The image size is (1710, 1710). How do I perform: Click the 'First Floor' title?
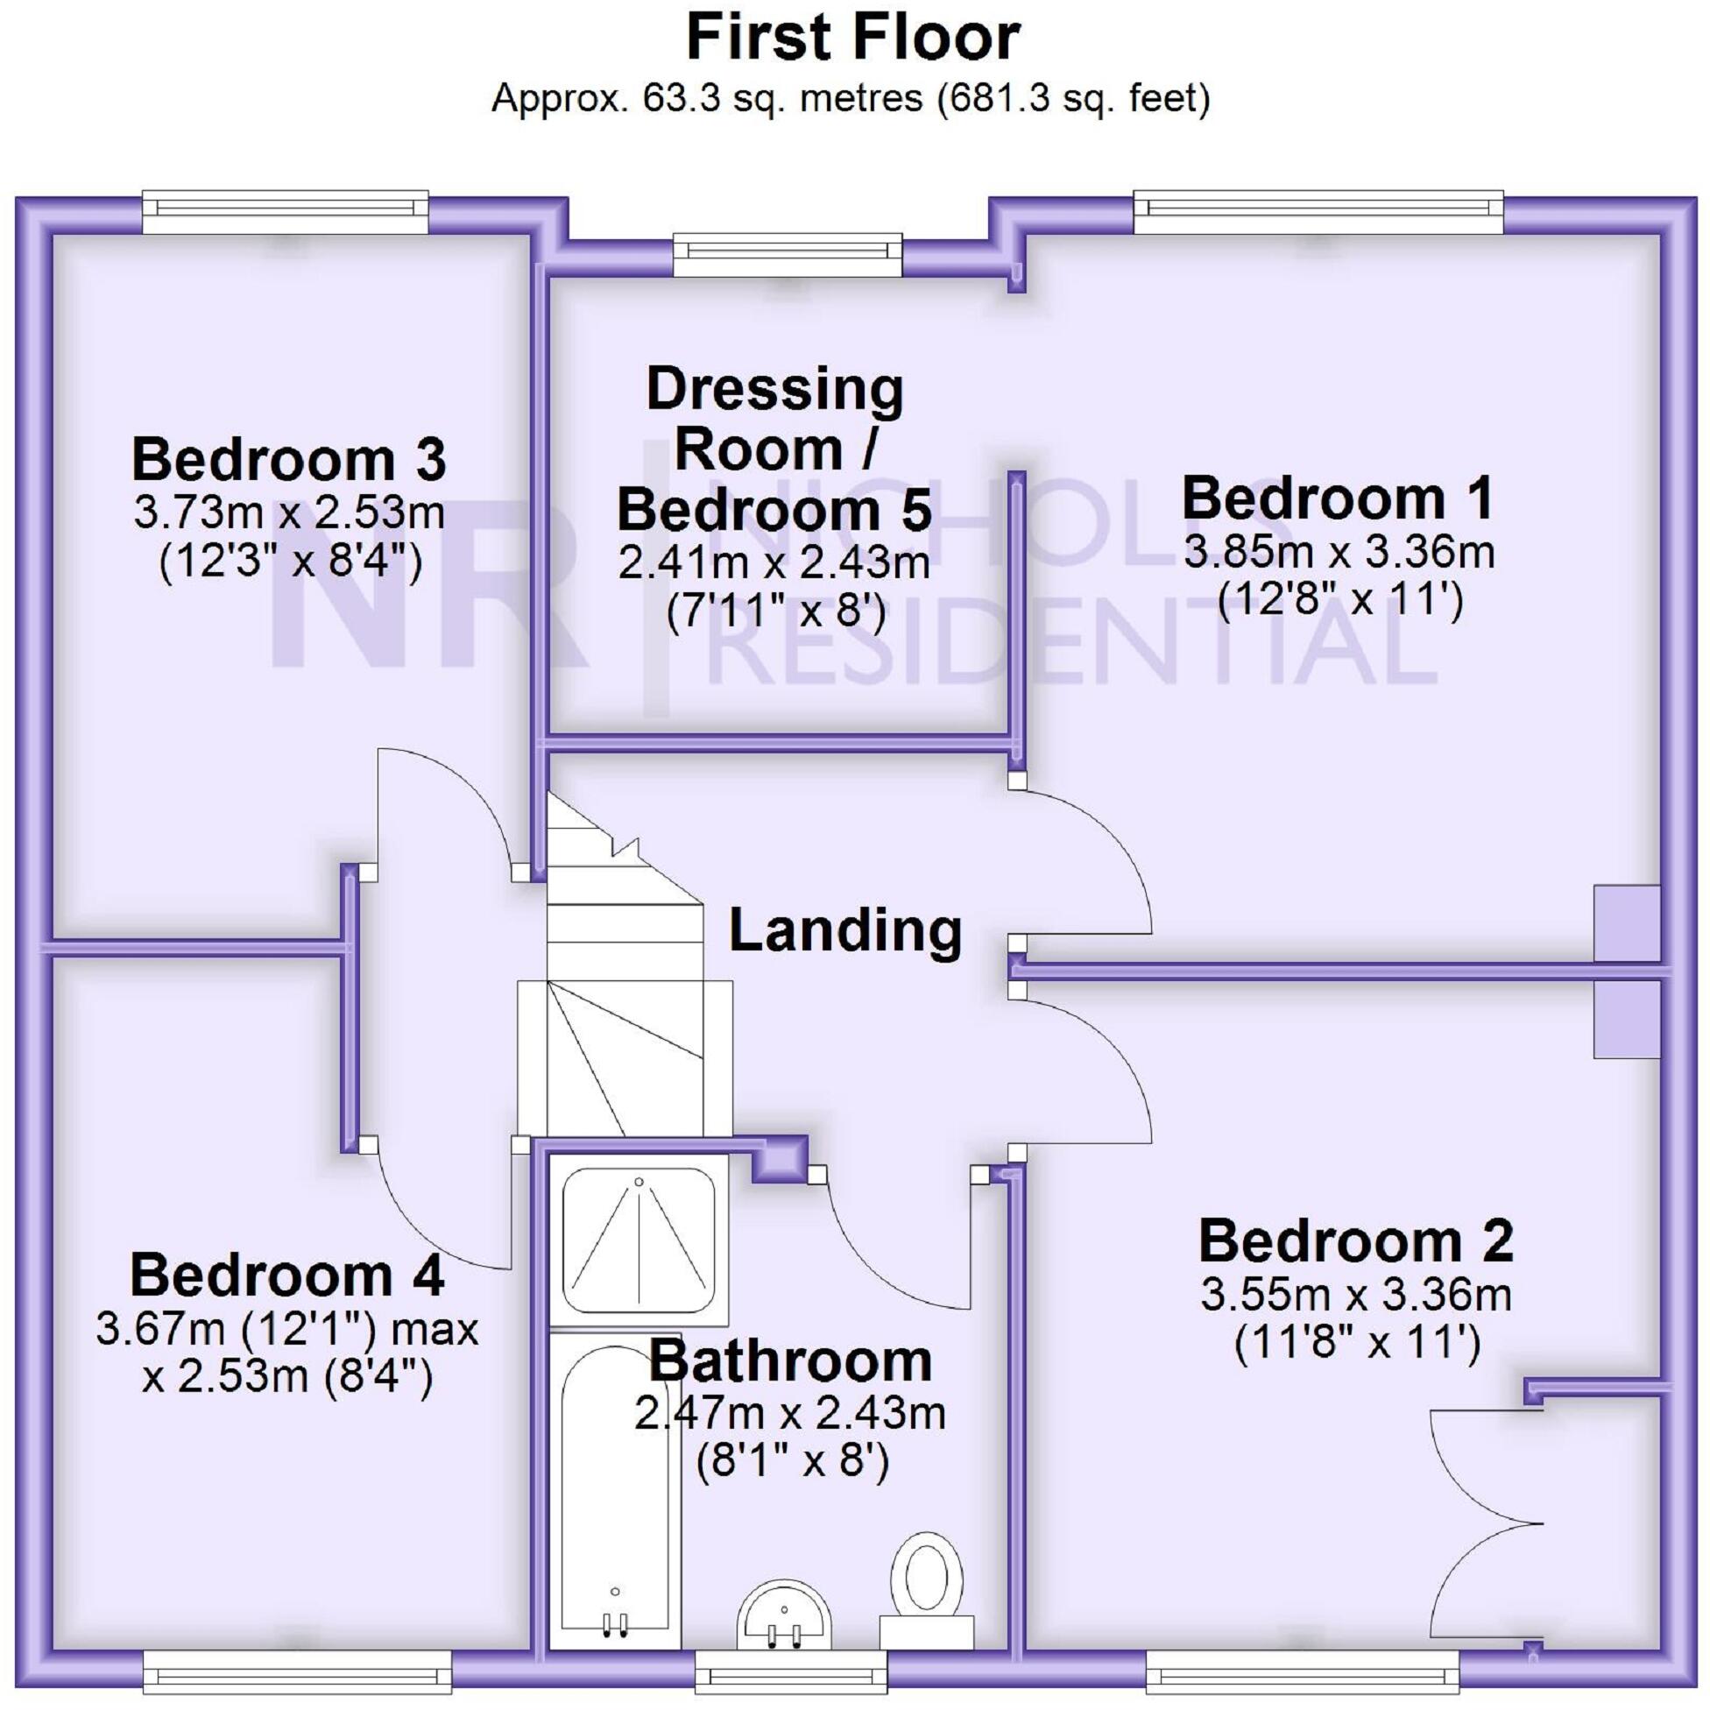click(853, 38)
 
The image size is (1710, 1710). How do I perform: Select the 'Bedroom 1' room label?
click(1339, 498)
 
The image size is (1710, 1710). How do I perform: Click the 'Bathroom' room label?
click(790, 1362)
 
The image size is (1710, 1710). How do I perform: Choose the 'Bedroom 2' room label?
click(1356, 1241)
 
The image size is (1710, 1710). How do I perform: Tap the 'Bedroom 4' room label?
click(286, 1275)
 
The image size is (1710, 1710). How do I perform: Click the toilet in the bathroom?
click(927, 1592)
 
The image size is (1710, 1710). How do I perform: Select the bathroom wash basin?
click(784, 1619)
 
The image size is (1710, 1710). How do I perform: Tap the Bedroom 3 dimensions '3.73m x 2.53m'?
click(288, 512)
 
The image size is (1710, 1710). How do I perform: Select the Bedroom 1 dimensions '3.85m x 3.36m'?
click(1339, 551)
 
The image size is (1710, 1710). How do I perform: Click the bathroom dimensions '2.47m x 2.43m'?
click(790, 1414)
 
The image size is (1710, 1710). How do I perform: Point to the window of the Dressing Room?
click(787, 255)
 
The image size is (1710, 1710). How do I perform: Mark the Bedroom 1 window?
click(1318, 212)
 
